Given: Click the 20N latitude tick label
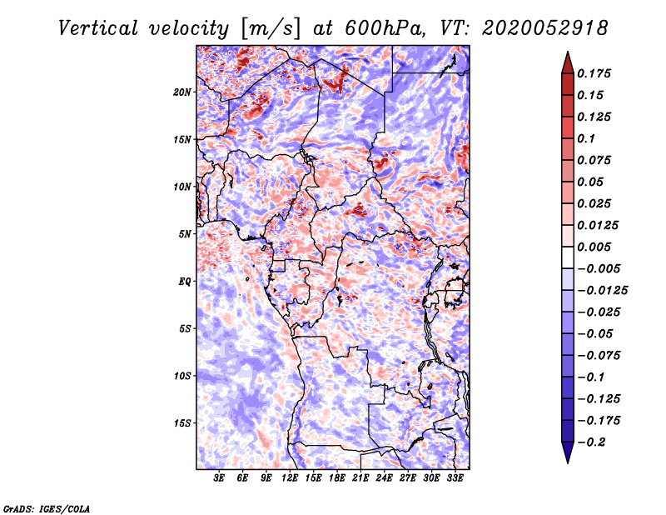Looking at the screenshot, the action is (x=181, y=92).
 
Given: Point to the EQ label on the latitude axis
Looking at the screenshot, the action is (x=185, y=282).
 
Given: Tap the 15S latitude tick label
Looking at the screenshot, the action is (x=182, y=423).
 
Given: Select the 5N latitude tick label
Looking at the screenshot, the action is (x=185, y=234).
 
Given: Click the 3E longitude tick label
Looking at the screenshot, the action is (x=219, y=478).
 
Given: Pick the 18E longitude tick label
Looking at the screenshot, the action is (x=337, y=478).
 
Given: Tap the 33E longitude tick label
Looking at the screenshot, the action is (x=455, y=478).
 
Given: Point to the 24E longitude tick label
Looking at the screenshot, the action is (x=384, y=478).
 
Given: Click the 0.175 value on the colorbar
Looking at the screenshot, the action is (x=594, y=73).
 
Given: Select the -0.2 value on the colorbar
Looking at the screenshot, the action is (x=591, y=442).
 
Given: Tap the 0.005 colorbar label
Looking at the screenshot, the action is (x=594, y=247).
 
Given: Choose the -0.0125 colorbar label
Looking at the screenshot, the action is (x=602, y=291).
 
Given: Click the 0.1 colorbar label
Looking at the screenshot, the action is (x=586, y=138).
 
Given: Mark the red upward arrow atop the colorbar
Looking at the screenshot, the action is (x=568, y=62).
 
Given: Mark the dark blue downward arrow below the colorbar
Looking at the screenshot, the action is (x=568, y=452).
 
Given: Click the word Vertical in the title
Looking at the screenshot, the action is (x=98, y=28).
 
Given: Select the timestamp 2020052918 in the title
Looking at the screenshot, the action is (x=545, y=28).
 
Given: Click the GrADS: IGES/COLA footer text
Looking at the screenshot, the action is (x=47, y=508).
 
